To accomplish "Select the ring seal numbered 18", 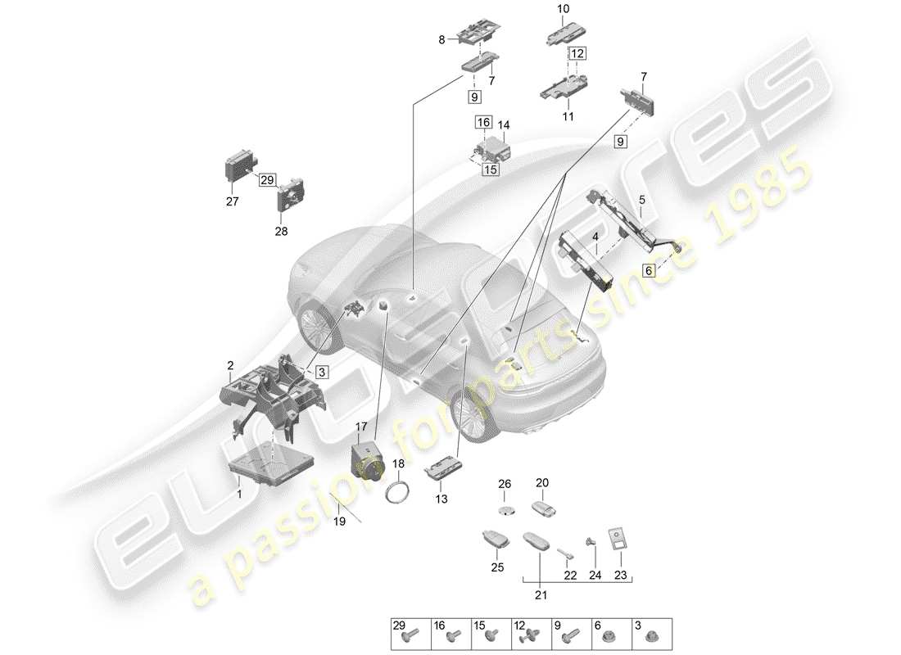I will pos(399,494).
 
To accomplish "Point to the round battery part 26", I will pos(505,509).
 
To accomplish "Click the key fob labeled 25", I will pos(494,542).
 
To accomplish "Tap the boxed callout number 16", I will pos(483,122).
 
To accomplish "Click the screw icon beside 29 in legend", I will pos(414,634).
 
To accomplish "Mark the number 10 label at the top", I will pos(563,9).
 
